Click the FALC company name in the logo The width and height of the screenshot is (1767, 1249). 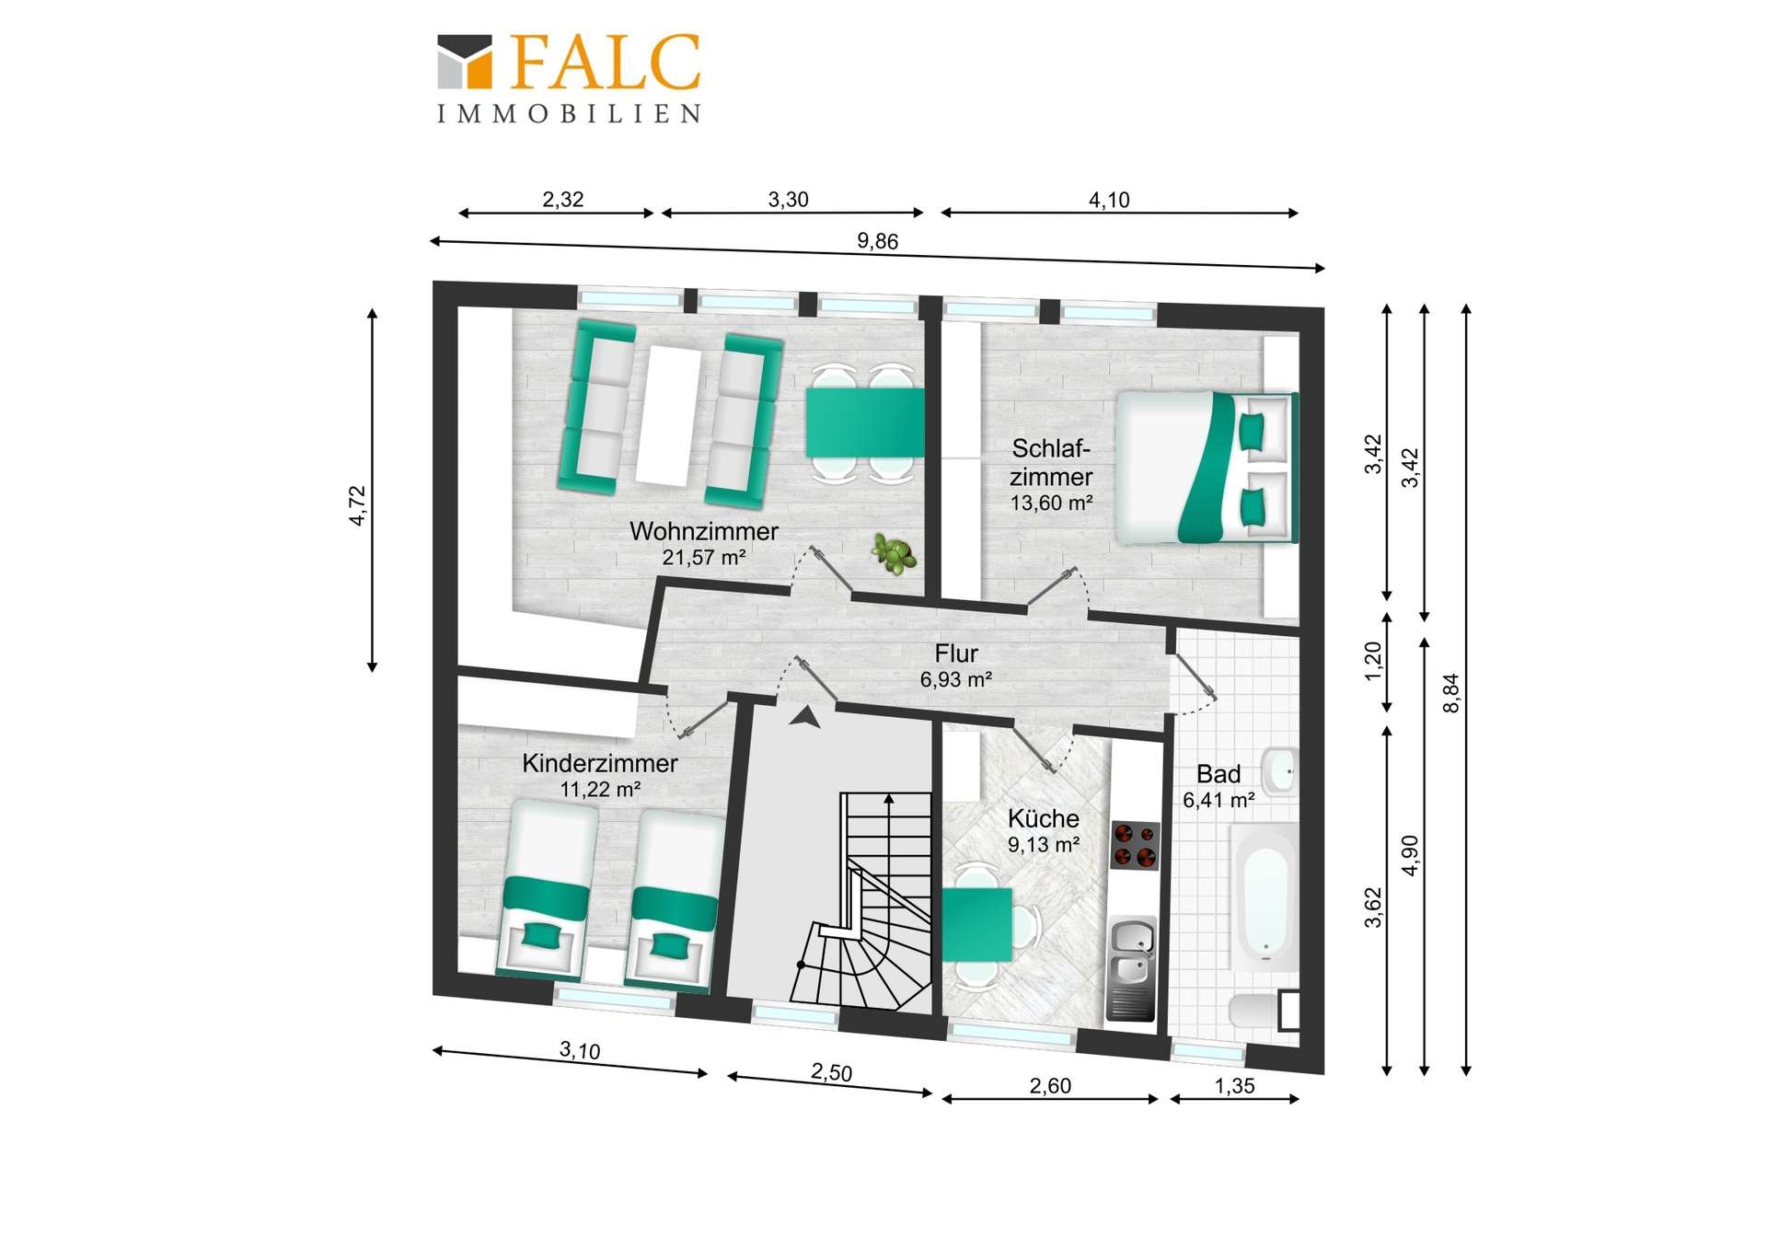pos(606,63)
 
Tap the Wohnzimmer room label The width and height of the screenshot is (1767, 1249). pos(704,531)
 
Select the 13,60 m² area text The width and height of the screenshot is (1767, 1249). pos(1051,503)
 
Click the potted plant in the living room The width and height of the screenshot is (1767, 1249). pos(894,554)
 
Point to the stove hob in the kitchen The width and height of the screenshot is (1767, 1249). pos(1134,845)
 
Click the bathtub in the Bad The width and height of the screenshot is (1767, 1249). pos(1265,896)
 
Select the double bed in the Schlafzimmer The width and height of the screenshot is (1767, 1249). pos(1206,467)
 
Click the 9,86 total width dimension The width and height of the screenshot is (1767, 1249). pos(877,241)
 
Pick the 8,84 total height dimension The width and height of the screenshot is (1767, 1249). pos(1451,692)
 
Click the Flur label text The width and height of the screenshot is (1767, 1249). pos(956,653)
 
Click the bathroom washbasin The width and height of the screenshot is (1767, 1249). pos(1278,770)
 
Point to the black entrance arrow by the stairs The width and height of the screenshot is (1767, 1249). pos(804,717)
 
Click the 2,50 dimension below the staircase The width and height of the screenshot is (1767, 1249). pos(831,1072)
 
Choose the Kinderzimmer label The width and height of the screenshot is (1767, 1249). pos(600,763)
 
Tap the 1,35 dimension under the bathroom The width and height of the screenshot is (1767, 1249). pos(1234,1086)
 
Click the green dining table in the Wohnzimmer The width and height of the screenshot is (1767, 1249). pos(865,422)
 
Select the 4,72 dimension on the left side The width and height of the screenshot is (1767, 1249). pos(357,505)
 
